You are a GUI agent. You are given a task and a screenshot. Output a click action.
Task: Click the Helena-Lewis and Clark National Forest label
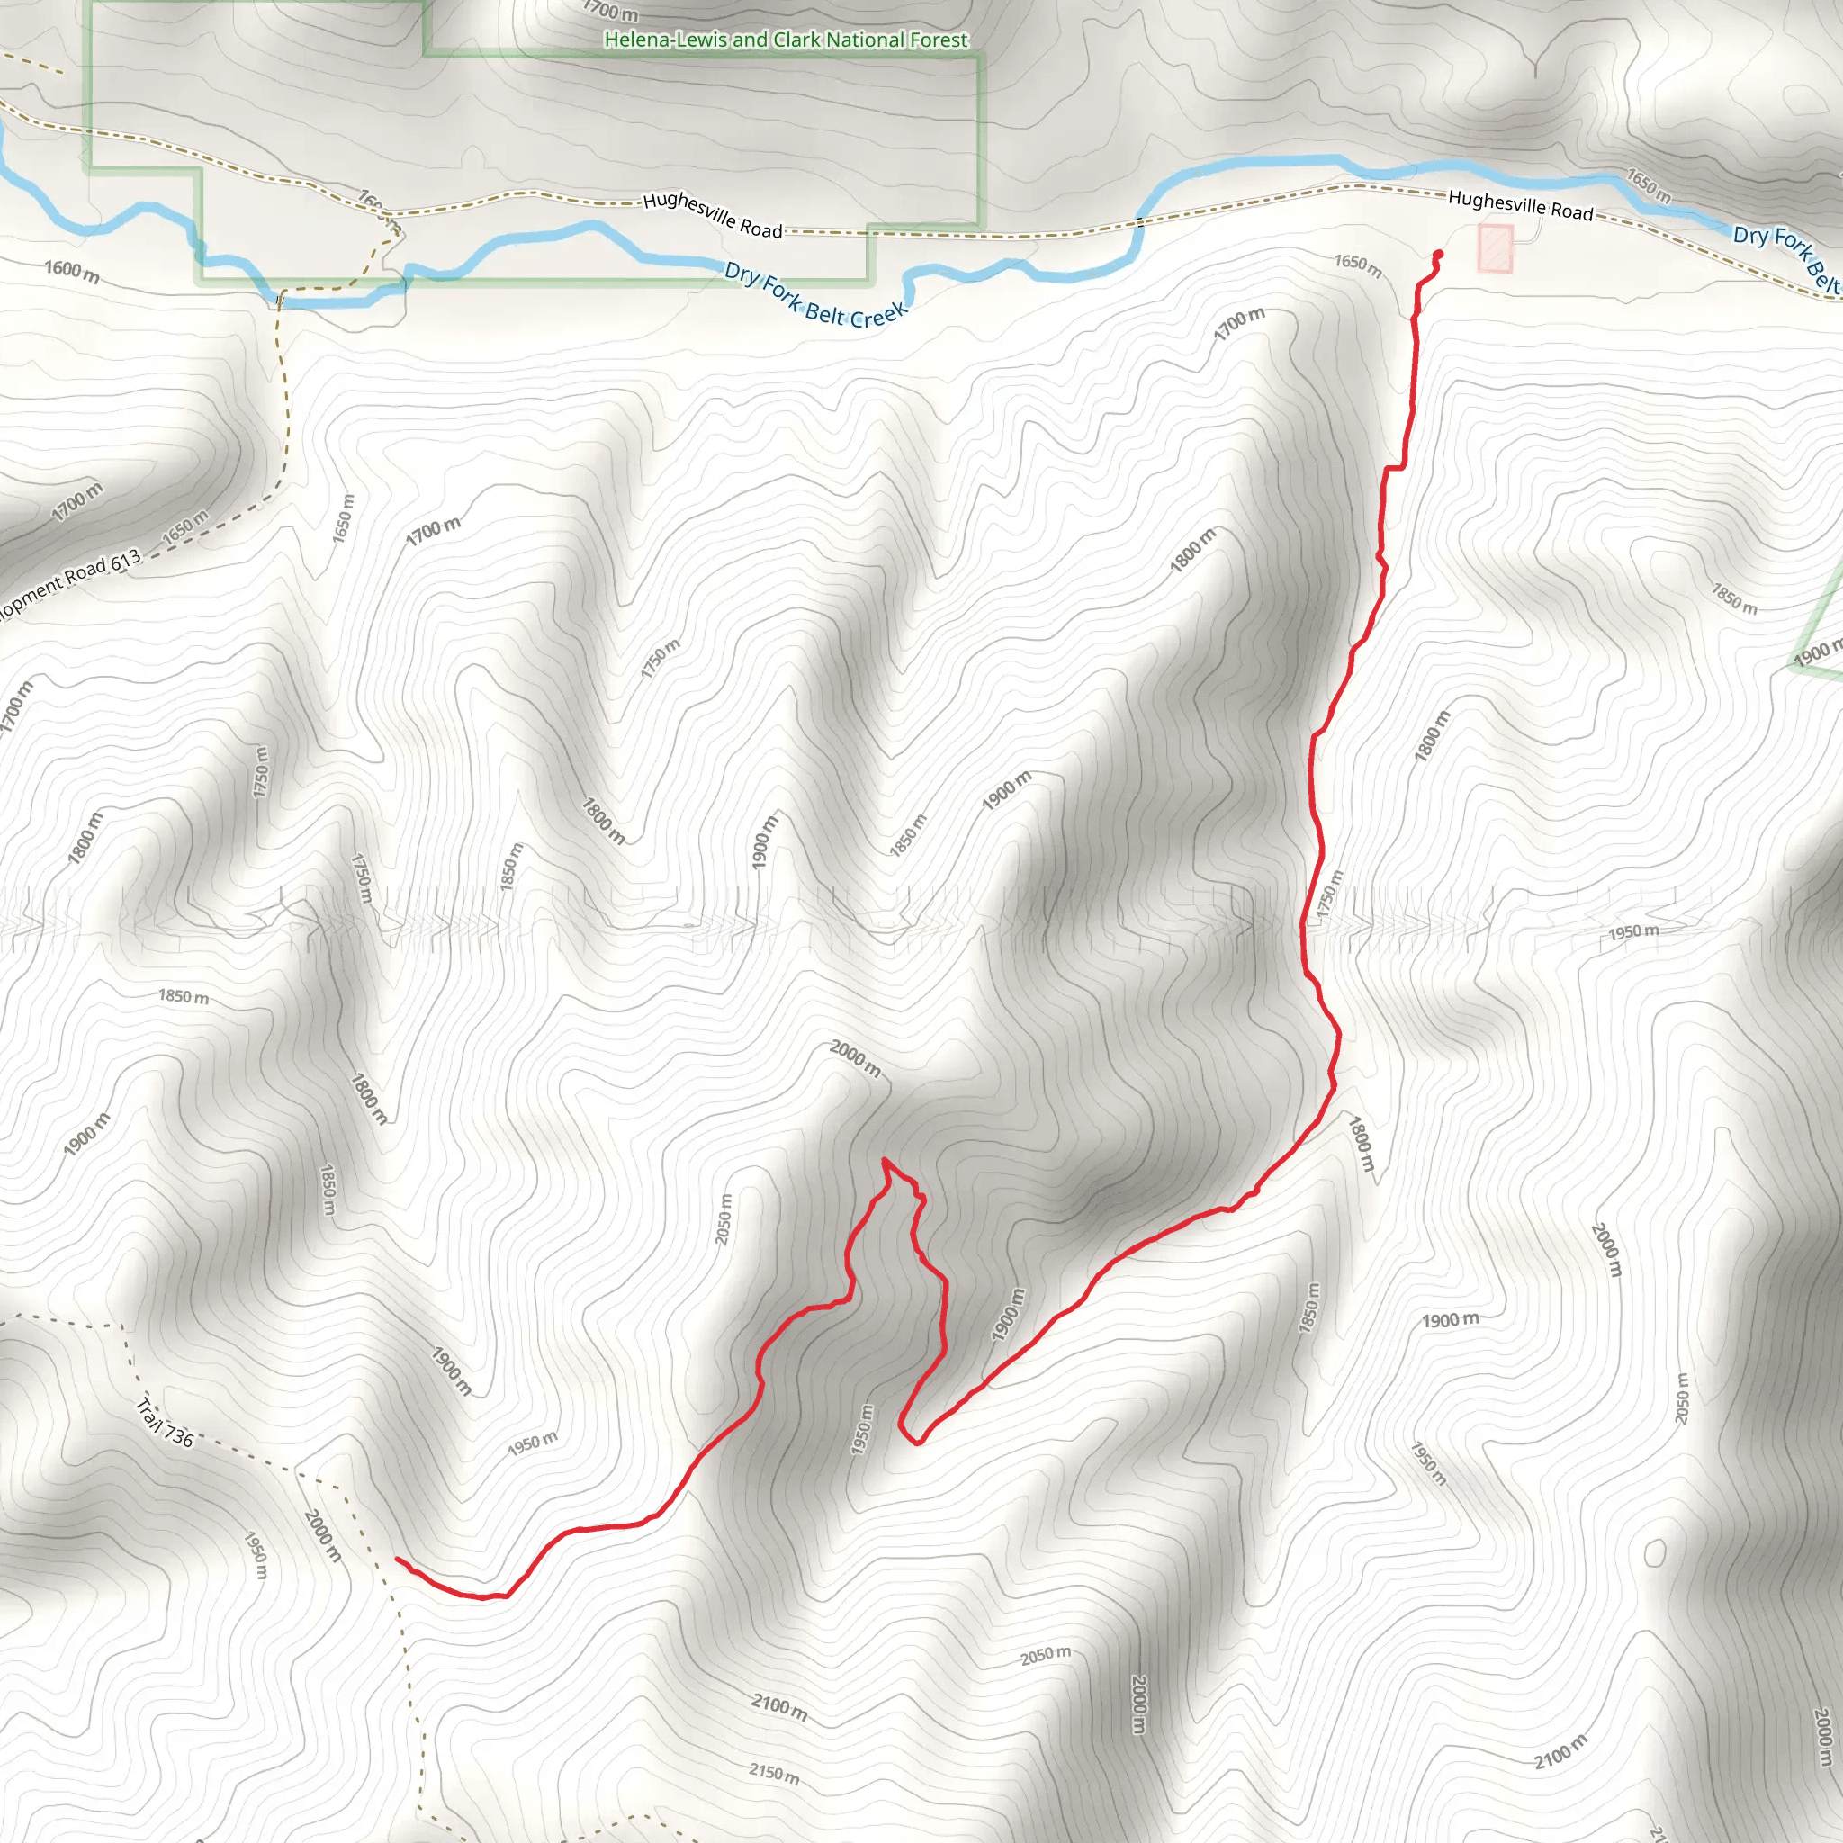pyautogui.click(x=786, y=40)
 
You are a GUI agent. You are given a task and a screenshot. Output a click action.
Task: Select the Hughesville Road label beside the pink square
pyautogui.click(x=1520, y=204)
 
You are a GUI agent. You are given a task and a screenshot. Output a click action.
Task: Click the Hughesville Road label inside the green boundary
pyautogui.click(x=713, y=215)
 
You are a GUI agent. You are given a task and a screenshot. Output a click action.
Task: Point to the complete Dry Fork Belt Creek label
pyautogui.click(x=815, y=295)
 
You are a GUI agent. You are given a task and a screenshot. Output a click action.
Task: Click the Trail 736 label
pyautogui.click(x=165, y=1421)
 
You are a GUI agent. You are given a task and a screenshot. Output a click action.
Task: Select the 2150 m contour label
pyautogui.click(x=774, y=1774)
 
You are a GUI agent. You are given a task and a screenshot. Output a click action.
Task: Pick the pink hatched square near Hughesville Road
pyautogui.click(x=1495, y=248)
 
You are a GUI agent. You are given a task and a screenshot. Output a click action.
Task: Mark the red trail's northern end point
pyautogui.click(x=1437, y=254)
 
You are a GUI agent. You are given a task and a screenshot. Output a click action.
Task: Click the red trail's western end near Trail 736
pyautogui.click(x=398, y=1560)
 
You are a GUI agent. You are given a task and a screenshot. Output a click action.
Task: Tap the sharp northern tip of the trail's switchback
pyautogui.click(x=885, y=1159)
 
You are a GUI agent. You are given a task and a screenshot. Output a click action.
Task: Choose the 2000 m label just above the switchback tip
pyautogui.click(x=855, y=1058)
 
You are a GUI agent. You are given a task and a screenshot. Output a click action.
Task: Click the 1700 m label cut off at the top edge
pyautogui.click(x=610, y=12)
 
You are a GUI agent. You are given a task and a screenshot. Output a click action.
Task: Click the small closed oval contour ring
pyautogui.click(x=1655, y=1553)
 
